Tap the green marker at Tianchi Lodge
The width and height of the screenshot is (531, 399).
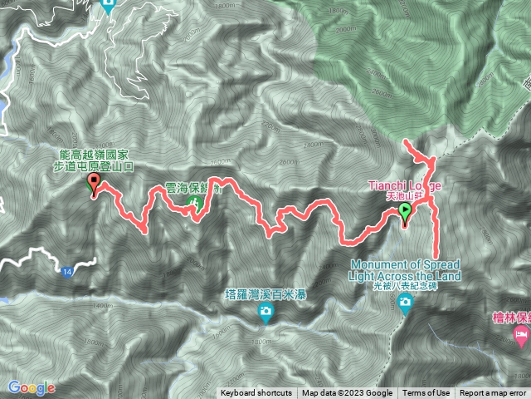pos(405,210)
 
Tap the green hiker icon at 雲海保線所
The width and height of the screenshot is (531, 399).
pos(196,203)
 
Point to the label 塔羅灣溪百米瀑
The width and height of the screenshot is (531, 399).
pos(265,294)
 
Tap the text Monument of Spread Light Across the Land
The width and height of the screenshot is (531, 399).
pos(406,268)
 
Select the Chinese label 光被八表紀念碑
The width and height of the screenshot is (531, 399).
pos(406,286)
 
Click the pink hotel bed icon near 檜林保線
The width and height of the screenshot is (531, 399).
pos(521,337)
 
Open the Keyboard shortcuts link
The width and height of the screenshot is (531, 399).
pos(256,393)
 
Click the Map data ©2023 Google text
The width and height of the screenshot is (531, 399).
pos(347,393)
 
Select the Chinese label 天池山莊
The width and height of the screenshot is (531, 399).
pos(407,195)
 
